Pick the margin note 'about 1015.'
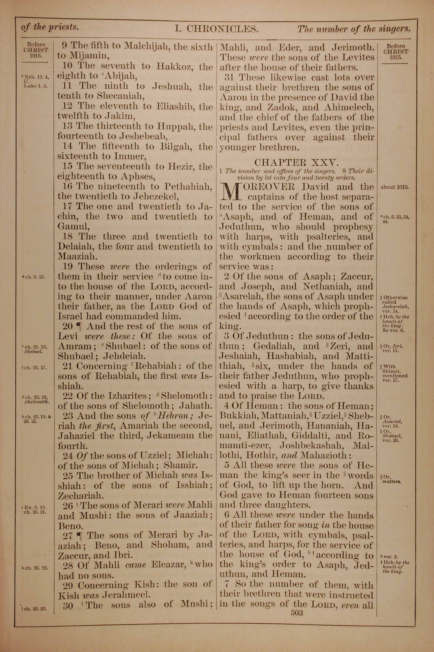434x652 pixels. click(x=395, y=187)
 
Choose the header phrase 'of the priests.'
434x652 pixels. click(x=50, y=27)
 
